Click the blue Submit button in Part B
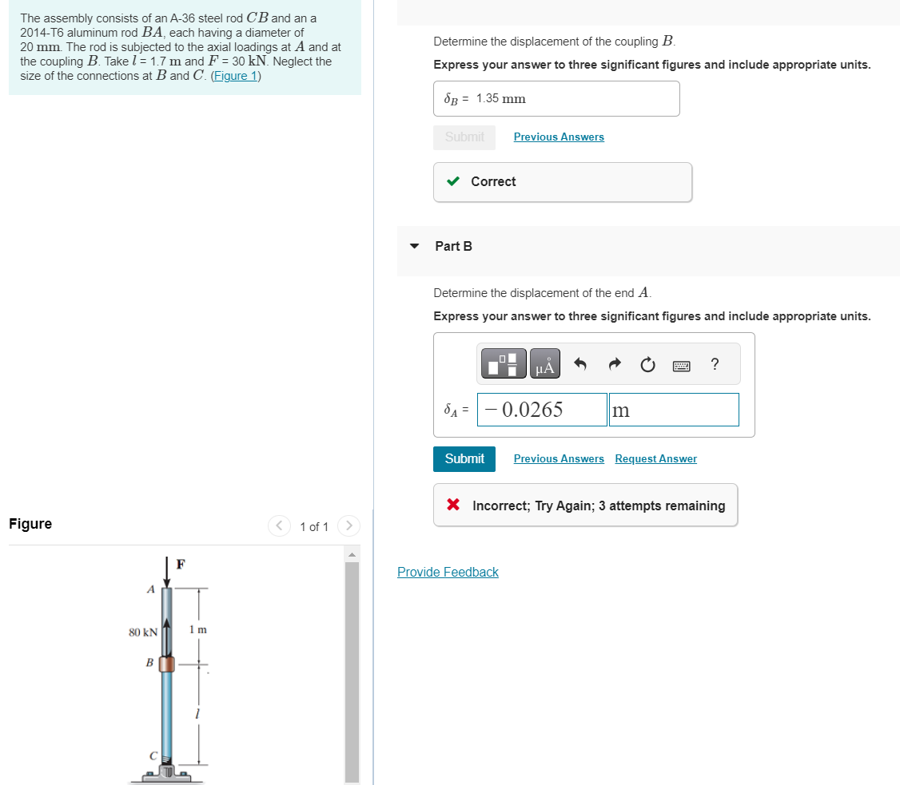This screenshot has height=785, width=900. point(464,458)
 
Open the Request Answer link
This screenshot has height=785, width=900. point(655,458)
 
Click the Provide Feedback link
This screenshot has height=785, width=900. point(448,572)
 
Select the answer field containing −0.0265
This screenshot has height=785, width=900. point(542,410)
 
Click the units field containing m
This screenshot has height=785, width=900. point(673,410)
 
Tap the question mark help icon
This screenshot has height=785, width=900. point(715,365)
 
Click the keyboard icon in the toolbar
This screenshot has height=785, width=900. point(682,366)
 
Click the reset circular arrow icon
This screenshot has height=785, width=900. point(648,365)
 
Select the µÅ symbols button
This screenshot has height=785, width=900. point(544,364)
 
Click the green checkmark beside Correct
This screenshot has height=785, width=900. point(453,181)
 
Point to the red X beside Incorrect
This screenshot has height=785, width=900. point(453,505)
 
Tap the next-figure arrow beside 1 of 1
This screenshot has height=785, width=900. point(349,526)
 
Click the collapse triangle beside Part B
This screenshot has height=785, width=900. point(414,246)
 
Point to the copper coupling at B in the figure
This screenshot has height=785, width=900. point(166,664)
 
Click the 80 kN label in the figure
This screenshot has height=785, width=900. point(143,632)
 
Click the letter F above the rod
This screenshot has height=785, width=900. point(181,565)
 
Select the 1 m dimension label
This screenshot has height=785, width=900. point(198,629)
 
